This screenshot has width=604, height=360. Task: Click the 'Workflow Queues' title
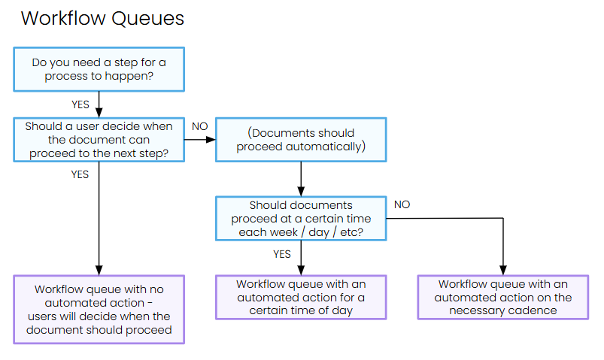pos(102,19)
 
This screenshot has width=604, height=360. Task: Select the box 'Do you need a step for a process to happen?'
pos(99,69)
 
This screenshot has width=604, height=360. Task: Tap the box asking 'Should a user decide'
pos(99,139)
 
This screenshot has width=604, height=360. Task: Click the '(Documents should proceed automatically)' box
pos(301,139)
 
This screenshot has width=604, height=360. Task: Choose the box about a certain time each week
pos(301,218)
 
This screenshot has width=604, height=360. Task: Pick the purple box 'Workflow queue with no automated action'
pos(99,309)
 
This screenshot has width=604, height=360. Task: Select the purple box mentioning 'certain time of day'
pos(301,297)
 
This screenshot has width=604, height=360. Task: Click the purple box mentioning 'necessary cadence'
pos(503,297)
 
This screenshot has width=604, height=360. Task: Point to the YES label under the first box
pos(80,104)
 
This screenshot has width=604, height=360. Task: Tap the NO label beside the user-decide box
pos(200,126)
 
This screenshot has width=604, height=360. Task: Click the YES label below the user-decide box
pos(80,174)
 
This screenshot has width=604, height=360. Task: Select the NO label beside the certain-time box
pos(402,204)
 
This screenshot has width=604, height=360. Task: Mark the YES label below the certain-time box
pos(282,254)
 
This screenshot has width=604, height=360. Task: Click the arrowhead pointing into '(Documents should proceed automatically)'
pos(211,139)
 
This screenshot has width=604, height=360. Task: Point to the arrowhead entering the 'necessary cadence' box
pos(503,271)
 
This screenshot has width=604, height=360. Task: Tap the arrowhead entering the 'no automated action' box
pos(99,271)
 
